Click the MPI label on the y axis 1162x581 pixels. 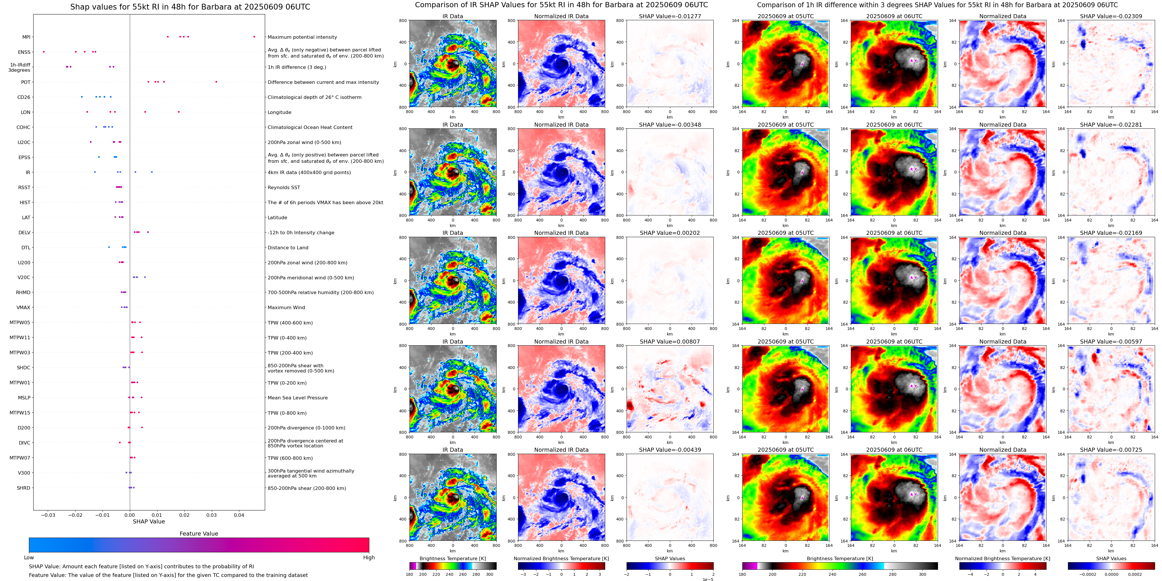pos(26,37)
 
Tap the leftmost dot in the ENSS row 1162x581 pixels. pos(44,52)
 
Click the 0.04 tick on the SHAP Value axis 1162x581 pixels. pos(239,515)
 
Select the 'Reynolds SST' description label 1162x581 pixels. pos(284,187)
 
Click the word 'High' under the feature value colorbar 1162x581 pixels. pos(368,558)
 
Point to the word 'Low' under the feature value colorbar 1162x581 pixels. pos(29,558)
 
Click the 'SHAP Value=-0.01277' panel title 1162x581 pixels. pos(670,16)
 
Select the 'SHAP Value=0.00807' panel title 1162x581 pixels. pos(670,342)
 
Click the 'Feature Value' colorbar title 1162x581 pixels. pos(199,534)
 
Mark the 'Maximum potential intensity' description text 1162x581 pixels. pos(302,37)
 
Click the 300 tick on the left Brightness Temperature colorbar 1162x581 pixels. pos(489,574)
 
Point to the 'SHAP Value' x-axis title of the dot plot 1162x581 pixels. pos(149,521)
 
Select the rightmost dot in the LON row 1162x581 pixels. pos(179,112)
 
